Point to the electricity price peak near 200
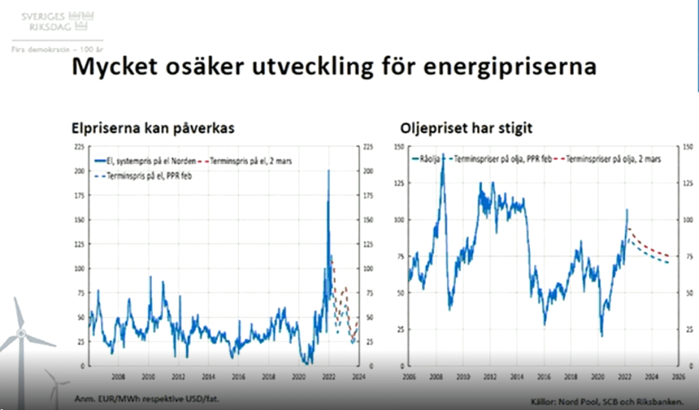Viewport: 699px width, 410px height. click(328, 172)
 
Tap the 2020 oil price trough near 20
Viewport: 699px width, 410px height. click(601, 336)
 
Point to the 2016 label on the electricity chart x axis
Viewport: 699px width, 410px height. click(238, 376)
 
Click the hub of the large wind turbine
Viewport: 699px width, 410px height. click(20, 333)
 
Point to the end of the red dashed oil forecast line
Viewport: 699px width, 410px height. click(668, 256)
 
